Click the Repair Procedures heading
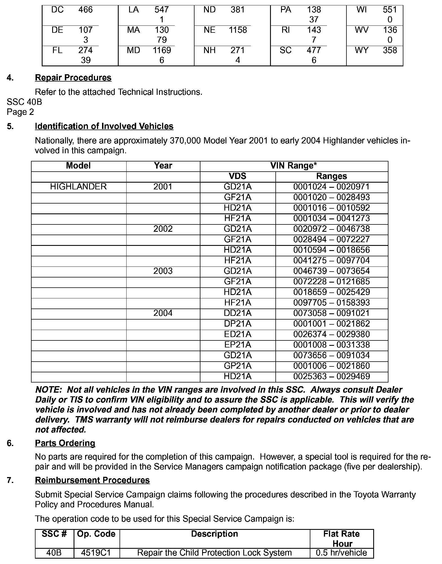(73, 78)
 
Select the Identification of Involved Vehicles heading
(104, 126)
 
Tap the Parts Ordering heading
(65, 443)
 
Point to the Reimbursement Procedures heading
(92, 480)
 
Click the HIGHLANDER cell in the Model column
(78, 187)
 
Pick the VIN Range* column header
(293, 166)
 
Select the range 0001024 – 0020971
(331, 187)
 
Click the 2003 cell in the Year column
(163, 271)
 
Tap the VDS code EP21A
(237, 345)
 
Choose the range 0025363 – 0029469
(331, 376)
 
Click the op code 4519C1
(96, 552)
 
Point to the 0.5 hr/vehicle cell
(341, 552)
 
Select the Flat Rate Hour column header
(341, 539)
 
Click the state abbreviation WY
(361, 50)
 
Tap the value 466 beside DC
(85, 10)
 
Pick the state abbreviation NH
(209, 50)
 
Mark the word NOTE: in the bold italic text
(48, 390)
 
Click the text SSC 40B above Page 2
(24, 102)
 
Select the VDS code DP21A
(237, 323)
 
